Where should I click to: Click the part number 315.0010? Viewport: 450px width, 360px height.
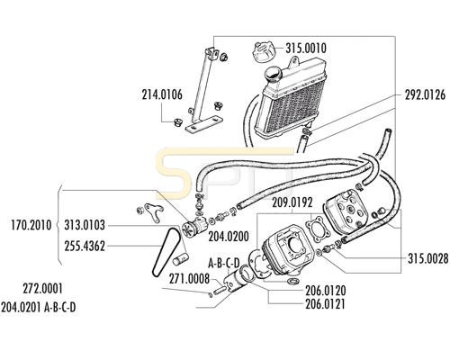306,49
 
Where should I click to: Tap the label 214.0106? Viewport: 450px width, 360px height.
162,94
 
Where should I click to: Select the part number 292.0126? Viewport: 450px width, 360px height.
425,95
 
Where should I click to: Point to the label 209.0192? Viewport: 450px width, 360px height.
292,202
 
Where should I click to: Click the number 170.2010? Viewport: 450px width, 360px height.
31,225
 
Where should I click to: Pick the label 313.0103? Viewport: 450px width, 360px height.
85,225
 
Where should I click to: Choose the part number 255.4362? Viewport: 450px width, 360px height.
85,247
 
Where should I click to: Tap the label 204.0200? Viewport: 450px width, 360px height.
229,237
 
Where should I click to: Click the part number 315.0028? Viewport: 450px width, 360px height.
428,258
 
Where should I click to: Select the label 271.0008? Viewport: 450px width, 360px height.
189,279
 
